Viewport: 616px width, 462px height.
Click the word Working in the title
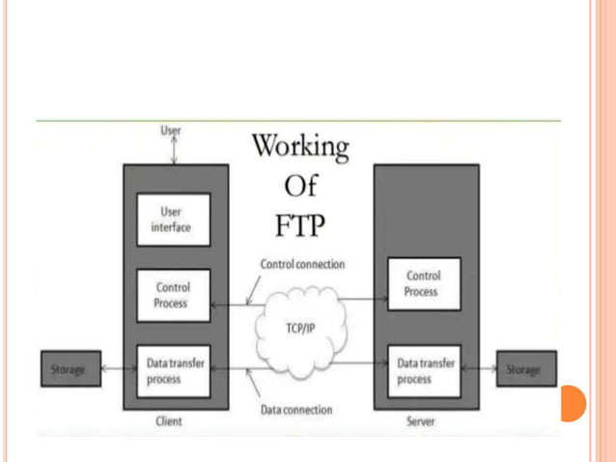(300, 148)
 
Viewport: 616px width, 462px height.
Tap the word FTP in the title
(300, 225)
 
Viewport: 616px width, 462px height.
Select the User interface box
(173, 220)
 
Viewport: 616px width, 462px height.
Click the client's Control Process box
(173, 295)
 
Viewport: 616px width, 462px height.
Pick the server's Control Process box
(421, 284)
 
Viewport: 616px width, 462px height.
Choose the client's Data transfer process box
(173, 371)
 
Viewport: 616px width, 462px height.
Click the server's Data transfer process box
(421, 371)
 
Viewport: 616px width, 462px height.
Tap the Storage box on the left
(69, 370)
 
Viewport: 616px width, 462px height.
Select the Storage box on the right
(523, 370)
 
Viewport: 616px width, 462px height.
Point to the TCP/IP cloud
(300, 328)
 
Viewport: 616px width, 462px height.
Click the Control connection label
(301, 264)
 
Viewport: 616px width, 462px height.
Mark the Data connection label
(296, 410)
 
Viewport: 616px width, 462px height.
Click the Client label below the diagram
(169, 421)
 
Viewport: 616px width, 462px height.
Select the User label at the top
(170, 130)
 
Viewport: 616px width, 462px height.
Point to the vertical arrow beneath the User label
(174, 150)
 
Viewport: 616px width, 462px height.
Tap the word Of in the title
(300, 186)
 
